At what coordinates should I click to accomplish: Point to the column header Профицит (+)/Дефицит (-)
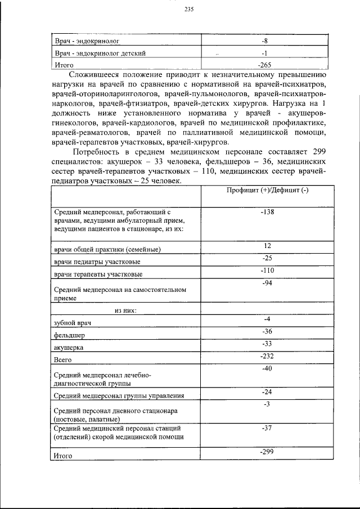click(x=267, y=191)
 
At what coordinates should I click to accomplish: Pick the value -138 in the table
click(x=267, y=212)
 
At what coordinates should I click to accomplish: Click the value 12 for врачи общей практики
click(x=267, y=246)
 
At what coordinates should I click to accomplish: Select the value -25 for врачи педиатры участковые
click(x=267, y=258)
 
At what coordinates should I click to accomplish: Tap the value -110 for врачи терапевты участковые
click(x=267, y=271)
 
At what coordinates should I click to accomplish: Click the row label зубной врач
click(x=73, y=323)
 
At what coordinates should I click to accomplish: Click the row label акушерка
click(x=67, y=348)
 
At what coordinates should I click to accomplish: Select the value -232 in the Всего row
click(x=267, y=356)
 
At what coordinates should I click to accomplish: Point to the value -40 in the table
click(x=267, y=368)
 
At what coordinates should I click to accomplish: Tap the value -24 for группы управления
click(x=267, y=391)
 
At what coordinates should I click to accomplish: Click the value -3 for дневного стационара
click(x=267, y=404)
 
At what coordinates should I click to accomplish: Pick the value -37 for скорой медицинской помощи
click(x=267, y=429)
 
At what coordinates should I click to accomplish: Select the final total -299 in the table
click(x=267, y=452)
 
